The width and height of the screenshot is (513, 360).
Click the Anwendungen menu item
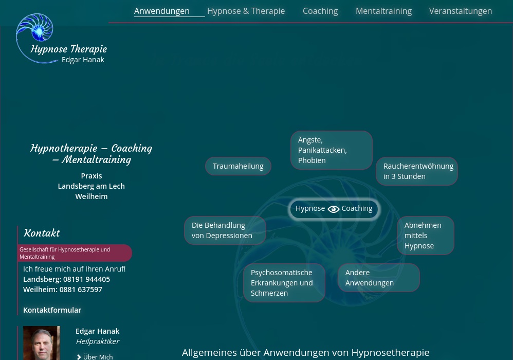point(161,11)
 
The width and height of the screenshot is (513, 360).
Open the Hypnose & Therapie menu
point(246,11)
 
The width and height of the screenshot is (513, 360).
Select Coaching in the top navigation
point(320,11)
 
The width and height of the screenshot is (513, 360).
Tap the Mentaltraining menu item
point(383,11)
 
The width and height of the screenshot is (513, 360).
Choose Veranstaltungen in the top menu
point(460,11)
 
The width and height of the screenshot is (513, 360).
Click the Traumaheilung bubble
point(238,166)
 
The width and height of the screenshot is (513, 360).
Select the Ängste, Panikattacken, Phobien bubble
point(331,150)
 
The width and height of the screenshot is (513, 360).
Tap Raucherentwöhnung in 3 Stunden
point(417,171)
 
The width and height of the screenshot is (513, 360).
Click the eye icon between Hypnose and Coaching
point(333,209)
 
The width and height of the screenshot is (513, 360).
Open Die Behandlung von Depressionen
point(225,230)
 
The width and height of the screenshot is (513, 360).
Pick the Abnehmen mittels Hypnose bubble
point(425,236)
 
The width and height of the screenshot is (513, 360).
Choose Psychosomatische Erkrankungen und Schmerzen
point(284,283)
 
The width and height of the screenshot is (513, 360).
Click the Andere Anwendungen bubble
point(378,278)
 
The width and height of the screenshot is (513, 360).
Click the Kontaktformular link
point(52,310)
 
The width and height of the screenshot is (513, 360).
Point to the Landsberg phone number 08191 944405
point(86,279)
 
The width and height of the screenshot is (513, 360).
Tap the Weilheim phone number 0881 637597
point(81,290)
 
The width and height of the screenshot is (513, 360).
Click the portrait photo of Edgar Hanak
point(42,343)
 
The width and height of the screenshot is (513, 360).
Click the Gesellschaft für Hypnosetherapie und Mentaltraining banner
point(75,253)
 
